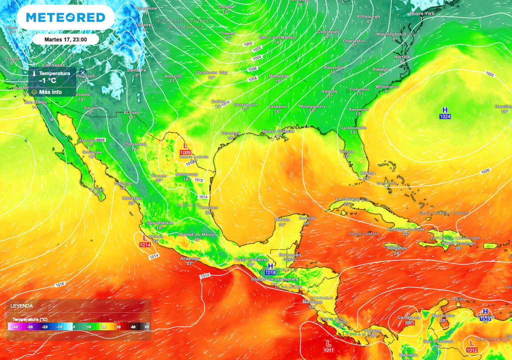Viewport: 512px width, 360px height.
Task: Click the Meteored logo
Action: (x=65, y=17)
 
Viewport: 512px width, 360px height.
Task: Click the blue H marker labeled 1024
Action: (x=445, y=113)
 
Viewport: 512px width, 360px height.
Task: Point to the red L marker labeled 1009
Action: (x=185, y=148)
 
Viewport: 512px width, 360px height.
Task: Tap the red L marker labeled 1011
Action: (x=328, y=346)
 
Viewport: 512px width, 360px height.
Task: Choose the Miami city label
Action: (x=367, y=173)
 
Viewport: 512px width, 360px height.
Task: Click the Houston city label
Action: (x=231, y=133)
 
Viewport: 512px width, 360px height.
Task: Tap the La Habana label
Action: (x=347, y=199)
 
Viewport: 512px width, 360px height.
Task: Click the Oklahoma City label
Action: (x=211, y=72)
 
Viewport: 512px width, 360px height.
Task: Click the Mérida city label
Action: (x=282, y=219)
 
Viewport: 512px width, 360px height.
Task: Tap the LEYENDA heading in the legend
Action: (x=21, y=305)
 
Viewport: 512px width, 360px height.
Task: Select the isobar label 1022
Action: (x=489, y=74)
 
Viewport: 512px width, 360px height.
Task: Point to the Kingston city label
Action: (x=397, y=248)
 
